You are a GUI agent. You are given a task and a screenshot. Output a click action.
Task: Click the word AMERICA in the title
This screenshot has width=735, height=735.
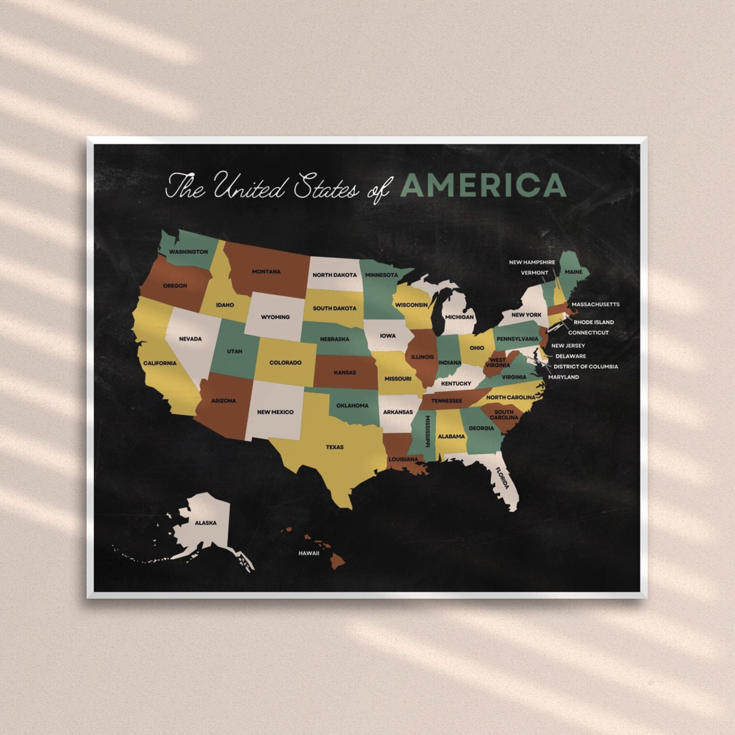[x=483, y=185]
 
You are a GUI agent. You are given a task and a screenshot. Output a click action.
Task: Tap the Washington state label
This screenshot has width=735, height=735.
[x=188, y=252]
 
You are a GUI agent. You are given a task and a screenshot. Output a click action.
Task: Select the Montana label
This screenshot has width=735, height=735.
[x=266, y=272]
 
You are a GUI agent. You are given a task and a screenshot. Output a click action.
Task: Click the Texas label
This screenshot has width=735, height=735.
[x=335, y=447]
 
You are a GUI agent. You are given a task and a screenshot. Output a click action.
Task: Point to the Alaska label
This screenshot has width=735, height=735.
[x=206, y=523]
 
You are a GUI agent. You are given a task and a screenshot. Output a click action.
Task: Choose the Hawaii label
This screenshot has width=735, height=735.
[x=309, y=553]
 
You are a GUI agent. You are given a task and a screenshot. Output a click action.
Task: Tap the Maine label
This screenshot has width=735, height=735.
[x=573, y=272]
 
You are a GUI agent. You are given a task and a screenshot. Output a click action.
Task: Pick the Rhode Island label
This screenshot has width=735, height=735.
[x=594, y=322]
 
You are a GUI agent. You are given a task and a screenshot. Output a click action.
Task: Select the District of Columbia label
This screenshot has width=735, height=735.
[x=585, y=366]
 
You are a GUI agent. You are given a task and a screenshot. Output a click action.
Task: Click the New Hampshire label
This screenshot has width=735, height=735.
[x=532, y=262]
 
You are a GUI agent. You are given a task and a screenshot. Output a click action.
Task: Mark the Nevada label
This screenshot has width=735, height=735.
[x=190, y=339]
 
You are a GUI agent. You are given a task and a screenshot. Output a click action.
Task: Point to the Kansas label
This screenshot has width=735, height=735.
[x=345, y=373]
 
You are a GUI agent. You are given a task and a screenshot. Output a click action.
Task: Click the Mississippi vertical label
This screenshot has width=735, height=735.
[x=427, y=432]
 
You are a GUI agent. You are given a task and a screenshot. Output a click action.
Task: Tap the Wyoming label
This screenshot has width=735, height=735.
[x=275, y=317]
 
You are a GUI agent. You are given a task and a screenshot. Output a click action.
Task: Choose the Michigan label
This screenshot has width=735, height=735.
[x=459, y=317]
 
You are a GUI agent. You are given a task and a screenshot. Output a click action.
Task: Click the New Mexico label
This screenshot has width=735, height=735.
[x=275, y=412]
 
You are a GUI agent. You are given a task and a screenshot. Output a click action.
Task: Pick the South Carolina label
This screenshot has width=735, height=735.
[x=504, y=414]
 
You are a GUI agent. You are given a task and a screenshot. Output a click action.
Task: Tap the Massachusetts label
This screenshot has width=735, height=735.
[x=595, y=304]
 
